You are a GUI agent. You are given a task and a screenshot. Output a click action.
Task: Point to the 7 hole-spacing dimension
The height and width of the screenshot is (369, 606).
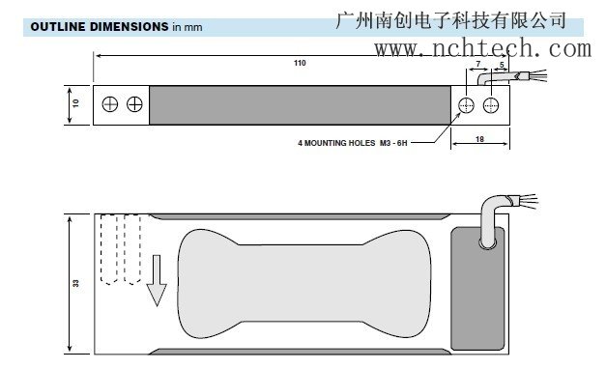pos(480,66)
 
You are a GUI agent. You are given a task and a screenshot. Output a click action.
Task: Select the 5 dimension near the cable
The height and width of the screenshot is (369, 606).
pos(501,66)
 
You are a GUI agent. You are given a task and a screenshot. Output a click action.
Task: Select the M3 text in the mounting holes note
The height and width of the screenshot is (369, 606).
pos(390,143)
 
